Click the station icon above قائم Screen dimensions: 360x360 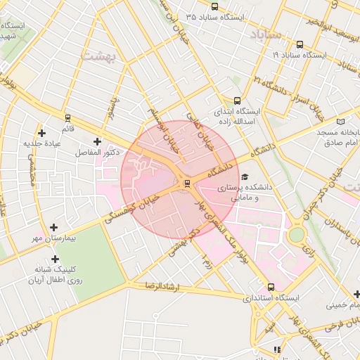pyautogui.click(x=67, y=117)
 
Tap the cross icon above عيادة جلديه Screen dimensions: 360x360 pyautogui.click(x=42, y=132)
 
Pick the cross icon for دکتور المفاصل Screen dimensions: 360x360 pyautogui.click(x=97, y=141)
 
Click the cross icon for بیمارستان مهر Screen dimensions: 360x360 pyautogui.click(x=54, y=227)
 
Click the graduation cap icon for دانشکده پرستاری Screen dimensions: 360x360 pyautogui.click(x=244, y=176)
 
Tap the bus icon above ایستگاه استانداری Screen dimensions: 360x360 pyautogui.click(x=271, y=287)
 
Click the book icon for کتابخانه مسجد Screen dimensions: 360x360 pyautogui.click(x=341, y=121)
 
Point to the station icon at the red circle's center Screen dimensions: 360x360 pyautogui.click(x=186, y=184)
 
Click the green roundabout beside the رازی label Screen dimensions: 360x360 pyautogui.click(x=297, y=233)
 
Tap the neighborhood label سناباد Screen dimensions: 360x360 pyautogui.click(x=264, y=34)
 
